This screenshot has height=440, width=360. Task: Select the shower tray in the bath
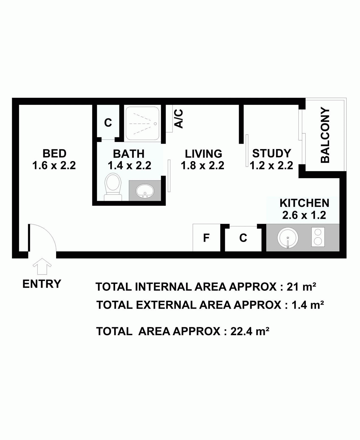coord(142,123)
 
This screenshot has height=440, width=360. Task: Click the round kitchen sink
coord(288,237)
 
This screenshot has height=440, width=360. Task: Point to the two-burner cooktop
coord(318,237)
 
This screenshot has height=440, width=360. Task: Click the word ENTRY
coord(42,284)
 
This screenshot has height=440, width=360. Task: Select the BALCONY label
coord(325,135)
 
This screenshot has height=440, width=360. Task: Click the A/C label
coord(179,119)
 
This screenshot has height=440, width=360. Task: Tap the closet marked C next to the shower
coord(108,123)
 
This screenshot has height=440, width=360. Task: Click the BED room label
coord(54,154)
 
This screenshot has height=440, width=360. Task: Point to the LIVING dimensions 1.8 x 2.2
coord(202,165)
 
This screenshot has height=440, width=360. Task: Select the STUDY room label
coord(271,153)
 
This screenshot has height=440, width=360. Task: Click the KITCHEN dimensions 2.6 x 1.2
coord(304,215)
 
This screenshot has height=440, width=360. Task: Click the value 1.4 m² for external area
coord(308,305)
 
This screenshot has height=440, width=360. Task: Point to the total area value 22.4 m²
coord(250,331)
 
